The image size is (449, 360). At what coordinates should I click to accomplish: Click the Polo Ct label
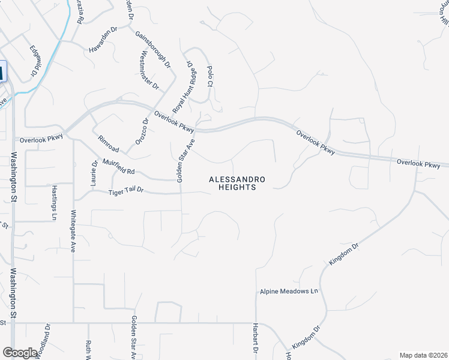(210, 76)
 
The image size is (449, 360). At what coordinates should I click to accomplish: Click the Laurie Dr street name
(94, 173)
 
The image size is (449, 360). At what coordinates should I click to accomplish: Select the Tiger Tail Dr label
(126, 191)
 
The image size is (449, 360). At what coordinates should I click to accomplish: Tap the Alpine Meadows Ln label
(288, 291)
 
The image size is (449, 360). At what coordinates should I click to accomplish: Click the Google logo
(20, 352)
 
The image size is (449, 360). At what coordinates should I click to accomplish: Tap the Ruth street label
(88, 348)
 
